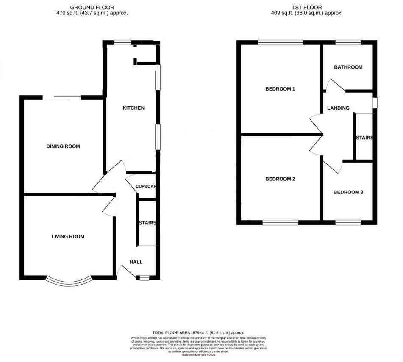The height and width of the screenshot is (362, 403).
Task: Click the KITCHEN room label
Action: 133,108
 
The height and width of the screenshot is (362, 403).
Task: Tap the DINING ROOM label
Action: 63,146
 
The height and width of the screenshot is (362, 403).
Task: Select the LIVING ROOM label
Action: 65,236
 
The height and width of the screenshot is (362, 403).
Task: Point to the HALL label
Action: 136,262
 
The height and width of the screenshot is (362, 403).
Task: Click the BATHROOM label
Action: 348,67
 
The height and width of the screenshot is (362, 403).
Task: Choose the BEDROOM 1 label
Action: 280,89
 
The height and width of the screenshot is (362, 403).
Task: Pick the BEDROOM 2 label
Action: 280,179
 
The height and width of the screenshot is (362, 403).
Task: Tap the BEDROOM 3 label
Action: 348,192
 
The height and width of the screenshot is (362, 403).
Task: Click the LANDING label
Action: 338,108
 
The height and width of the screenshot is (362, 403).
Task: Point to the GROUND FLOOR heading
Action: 92,7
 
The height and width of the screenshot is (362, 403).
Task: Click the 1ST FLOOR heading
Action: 307,7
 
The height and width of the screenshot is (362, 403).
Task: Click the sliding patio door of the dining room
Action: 62,98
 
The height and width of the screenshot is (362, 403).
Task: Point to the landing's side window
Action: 374,103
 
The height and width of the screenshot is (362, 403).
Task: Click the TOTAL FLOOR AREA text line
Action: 198,333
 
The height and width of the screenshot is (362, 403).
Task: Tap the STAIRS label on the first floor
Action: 364,138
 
